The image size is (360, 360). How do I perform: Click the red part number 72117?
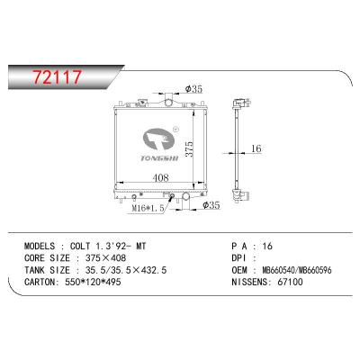[x=57, y=76]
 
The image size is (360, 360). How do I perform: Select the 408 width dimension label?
[x=160, y=178]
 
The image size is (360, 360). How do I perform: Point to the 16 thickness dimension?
[x=256, y=148]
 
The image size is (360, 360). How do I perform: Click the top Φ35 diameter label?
[x=193, y=89]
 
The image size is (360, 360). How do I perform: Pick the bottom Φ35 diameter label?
[x=211, y=205]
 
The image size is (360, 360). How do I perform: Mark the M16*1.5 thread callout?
[x=148, y=209]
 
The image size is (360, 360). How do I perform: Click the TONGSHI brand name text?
[x=159, y=158]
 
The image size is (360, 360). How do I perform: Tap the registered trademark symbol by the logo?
[x=176, y=130]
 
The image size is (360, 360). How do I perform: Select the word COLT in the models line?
[x=80, y=247]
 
